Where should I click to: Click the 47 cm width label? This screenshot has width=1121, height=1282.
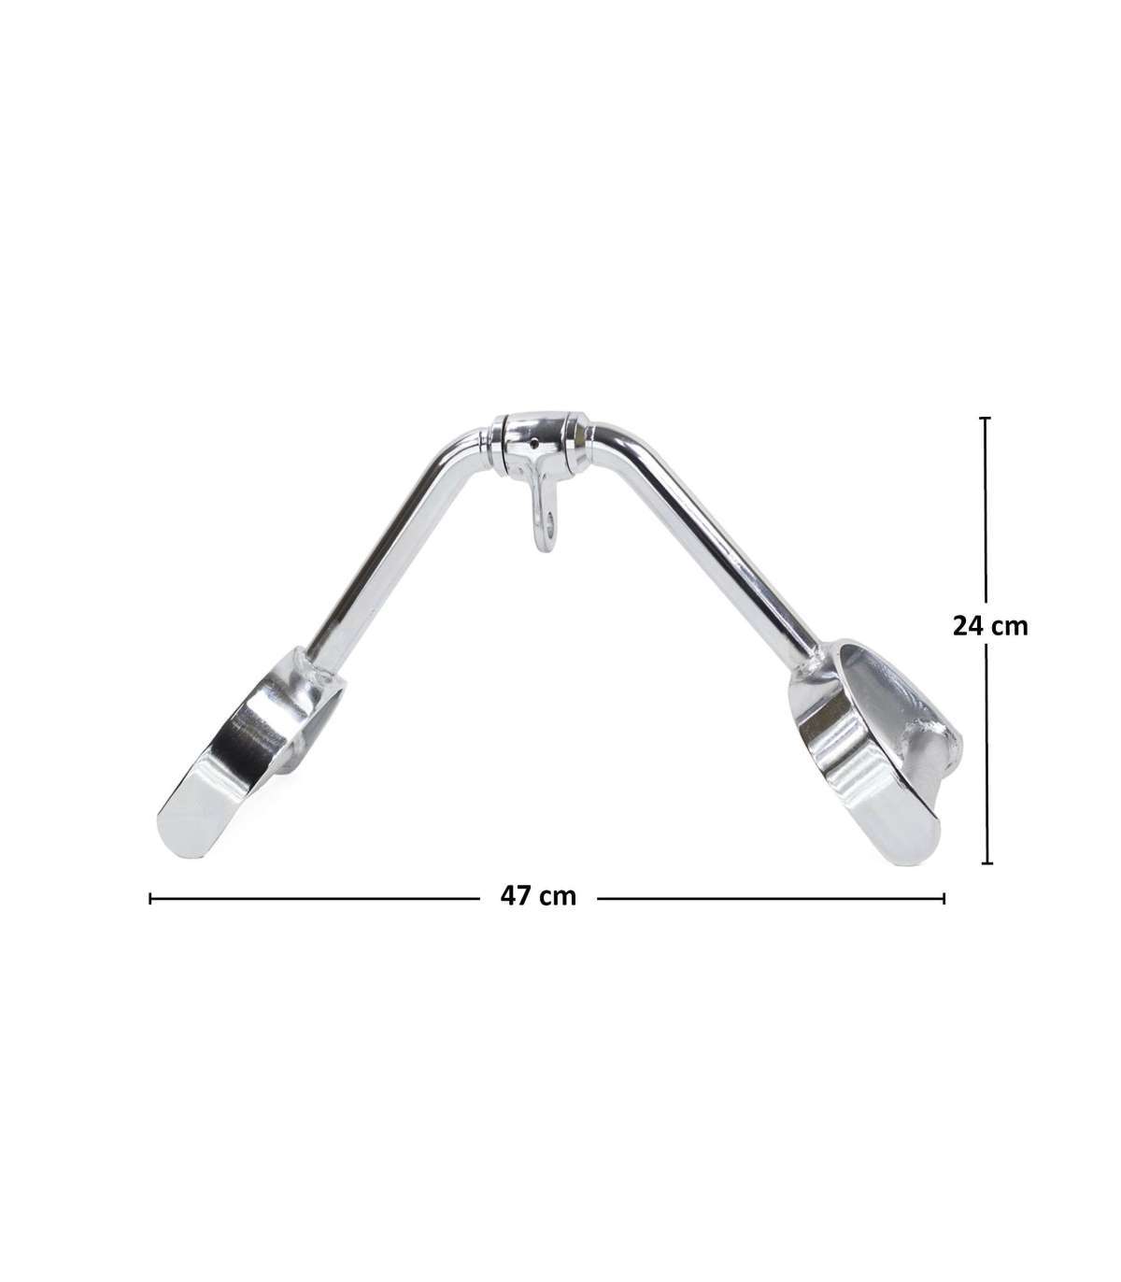(538, 896)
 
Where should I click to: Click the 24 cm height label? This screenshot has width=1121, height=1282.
(990, 626)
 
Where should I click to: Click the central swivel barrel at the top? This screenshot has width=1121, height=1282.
(539, 442)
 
